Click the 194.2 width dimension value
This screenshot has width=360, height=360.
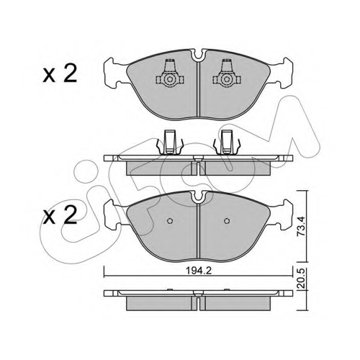click(199, 271)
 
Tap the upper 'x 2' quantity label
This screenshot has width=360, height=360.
click(60, 74)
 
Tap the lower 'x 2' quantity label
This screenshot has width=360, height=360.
click(60, 215)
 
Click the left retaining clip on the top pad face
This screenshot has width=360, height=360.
click(170, 75)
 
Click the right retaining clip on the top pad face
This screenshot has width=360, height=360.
click(227, 75)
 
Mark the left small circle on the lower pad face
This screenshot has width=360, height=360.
click(170, 221)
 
